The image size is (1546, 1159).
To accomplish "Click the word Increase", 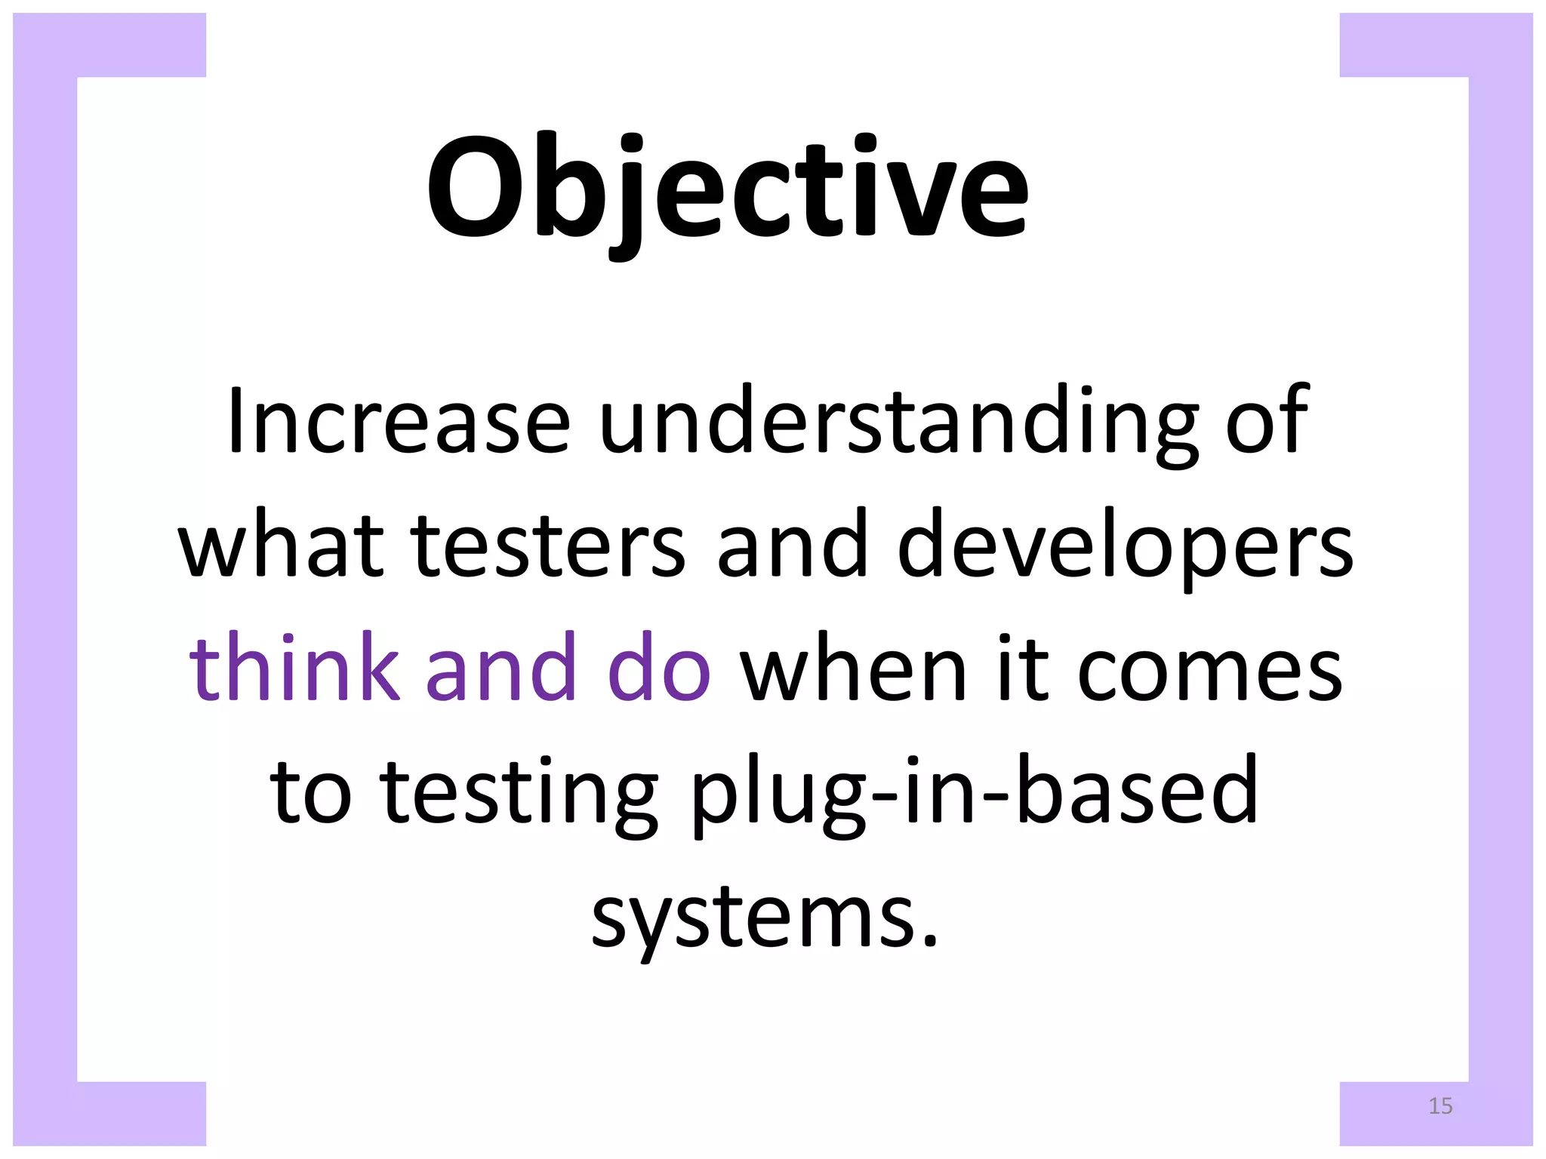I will (x=398, y=421).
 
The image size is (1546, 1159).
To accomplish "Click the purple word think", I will (x=294, y=669).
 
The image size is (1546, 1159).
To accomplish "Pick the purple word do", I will (x=658, y=669).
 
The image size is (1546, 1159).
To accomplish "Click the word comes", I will (x=1209, y=669).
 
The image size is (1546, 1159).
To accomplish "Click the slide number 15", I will (x=1440, y=1106).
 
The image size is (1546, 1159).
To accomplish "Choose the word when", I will (x=854, y=669).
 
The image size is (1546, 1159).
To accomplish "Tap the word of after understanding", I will (x=1267, y=421).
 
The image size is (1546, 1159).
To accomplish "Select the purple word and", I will (x=501, y=669).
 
